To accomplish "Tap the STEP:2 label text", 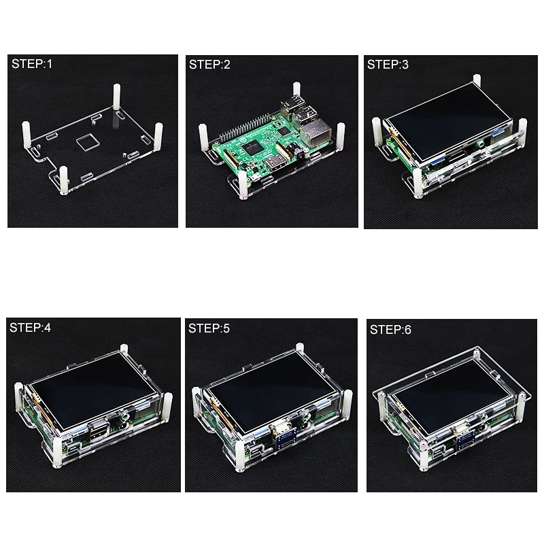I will click(210, 65).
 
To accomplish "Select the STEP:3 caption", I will click(388, 65).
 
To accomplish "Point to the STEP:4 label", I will click(31, 327).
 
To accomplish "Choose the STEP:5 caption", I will click(210, 328).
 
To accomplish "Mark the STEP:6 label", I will click(390, 330).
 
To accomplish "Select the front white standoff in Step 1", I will click(64, 180).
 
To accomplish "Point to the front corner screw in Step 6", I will click(421, 447).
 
